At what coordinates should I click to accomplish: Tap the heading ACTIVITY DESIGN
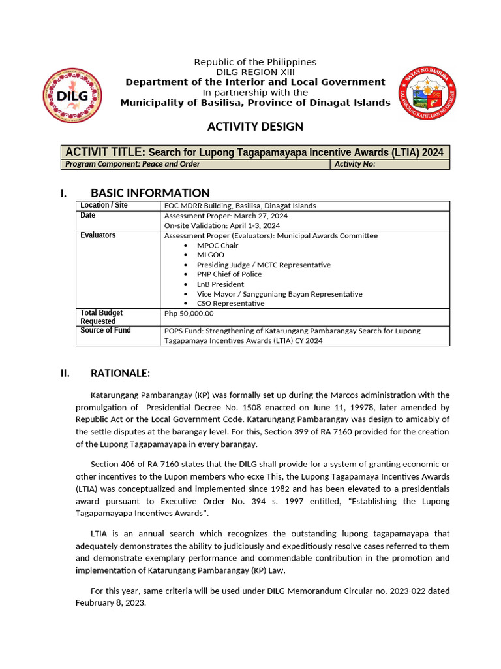tap(255, 126)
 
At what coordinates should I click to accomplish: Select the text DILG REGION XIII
tap(255, 72)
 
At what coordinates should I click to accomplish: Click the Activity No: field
tap(389, 164)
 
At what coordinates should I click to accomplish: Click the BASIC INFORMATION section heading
tap(150, 193)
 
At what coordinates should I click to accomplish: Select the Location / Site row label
tap(104, 206)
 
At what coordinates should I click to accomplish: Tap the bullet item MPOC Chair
tap(218, 245)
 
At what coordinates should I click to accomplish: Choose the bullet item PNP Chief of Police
tap(229, 274)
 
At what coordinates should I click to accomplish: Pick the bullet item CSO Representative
tap(230, 303)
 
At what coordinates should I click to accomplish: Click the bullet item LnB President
tap(220, 284)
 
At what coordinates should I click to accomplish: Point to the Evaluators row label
tap(98, 235)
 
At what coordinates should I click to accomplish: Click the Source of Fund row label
tap(105, 331)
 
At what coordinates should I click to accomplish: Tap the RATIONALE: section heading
tap(120, 374)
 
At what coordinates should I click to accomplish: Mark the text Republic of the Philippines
tap(255, 62)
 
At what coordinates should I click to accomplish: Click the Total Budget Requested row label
tap(101, 317)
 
